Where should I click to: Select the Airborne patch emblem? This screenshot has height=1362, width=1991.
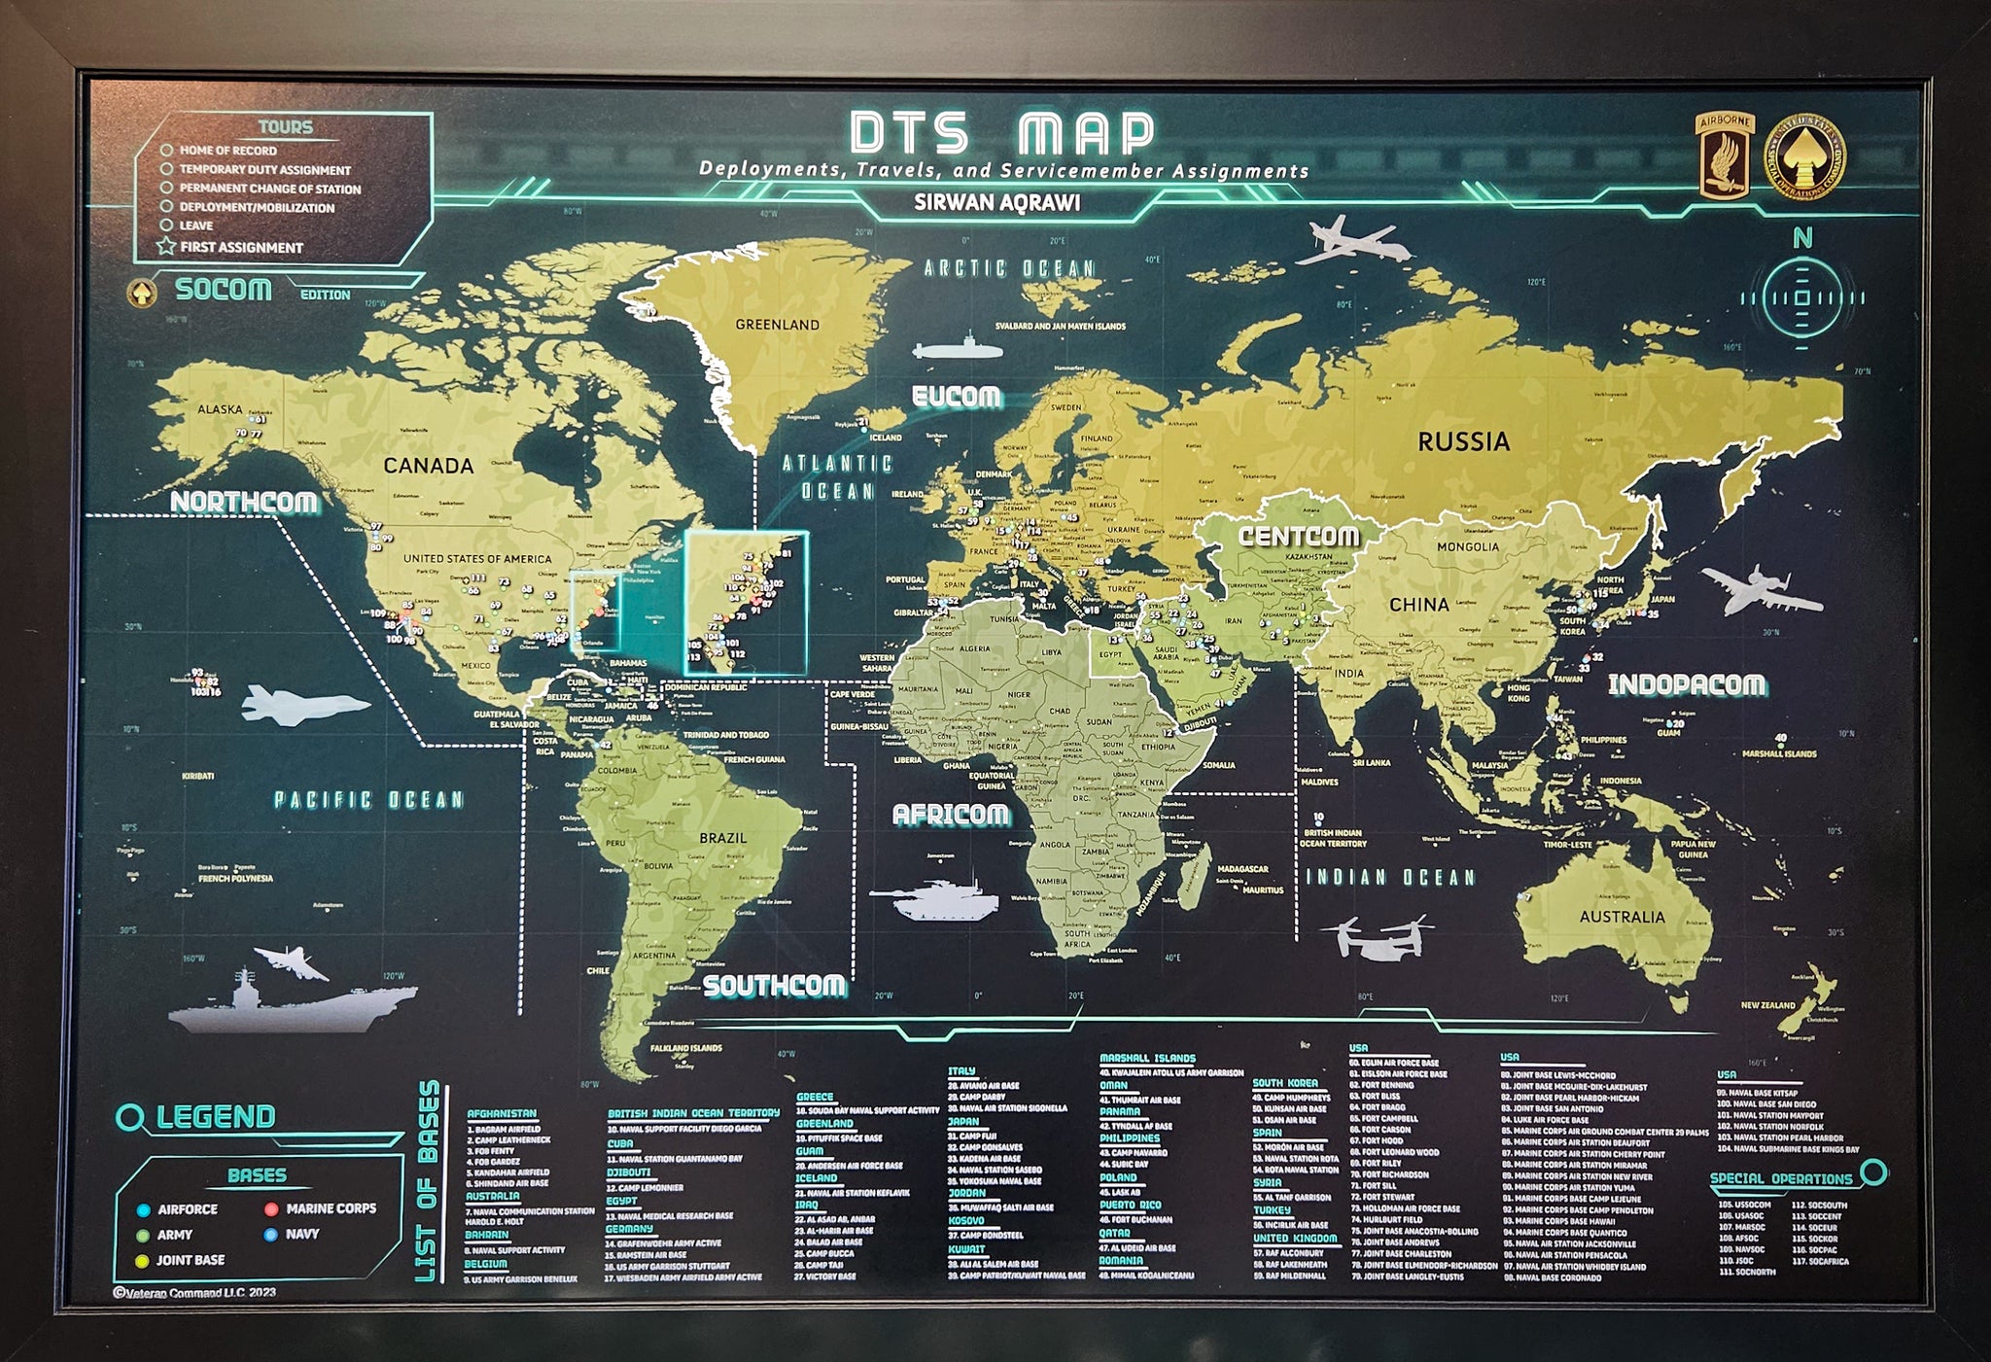[1725, 156]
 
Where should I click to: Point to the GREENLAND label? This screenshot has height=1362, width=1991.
[777, 325]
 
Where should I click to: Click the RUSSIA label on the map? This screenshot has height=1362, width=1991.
[1463, 442]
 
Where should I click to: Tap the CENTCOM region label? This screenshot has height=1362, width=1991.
[1298, 536]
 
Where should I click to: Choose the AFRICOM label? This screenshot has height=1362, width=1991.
[950, 815]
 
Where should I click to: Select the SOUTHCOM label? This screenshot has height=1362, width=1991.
[774, 986]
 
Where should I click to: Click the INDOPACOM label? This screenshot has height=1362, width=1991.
[1687, 685]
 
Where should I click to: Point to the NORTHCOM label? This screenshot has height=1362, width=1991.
[244, 502]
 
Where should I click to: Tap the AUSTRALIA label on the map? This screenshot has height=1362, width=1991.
[1622, 917]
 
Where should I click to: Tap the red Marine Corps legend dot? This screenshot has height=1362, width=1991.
[271, 1209]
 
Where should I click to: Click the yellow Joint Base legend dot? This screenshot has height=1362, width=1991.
[143, 1261]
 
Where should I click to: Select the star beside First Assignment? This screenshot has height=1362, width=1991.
[166, 247]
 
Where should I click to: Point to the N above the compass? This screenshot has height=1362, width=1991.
[1802, 238]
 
